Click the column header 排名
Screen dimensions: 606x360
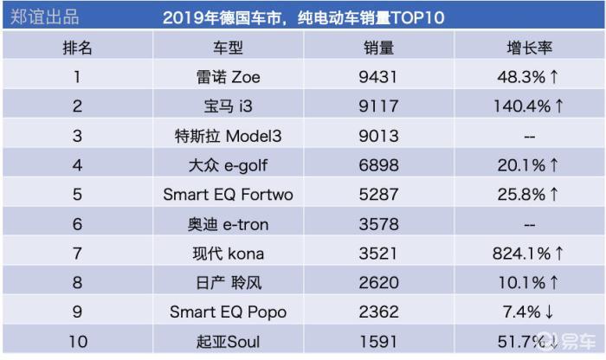tap(77, 48)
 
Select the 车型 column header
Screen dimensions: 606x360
tap(228, 48)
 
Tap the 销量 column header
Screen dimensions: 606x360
tap(379, 48)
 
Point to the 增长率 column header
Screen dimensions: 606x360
tap(530, 48)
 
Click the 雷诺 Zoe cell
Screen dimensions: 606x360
tap(228, 77)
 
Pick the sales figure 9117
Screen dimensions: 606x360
tap(378, 106)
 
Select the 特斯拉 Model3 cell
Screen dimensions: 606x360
tap(228, 136)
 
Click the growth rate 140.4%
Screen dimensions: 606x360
tap(522, 106)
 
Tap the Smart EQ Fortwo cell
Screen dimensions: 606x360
tap(228, 195)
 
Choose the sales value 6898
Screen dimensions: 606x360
tap(378, 165)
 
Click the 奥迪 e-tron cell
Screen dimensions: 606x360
tap(228, 224)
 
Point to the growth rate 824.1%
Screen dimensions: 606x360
tap(522, 254)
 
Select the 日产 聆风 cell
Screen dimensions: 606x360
tap(229, 283)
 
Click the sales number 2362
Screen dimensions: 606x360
tap(378, 312)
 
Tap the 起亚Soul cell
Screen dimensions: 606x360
tap(228, 342)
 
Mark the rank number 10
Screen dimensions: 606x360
tap(78, 342)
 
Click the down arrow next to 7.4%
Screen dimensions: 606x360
tap(549, 312)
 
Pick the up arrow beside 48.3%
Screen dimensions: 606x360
tap(554, 76)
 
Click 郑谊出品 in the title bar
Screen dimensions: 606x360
tap(44, 17)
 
